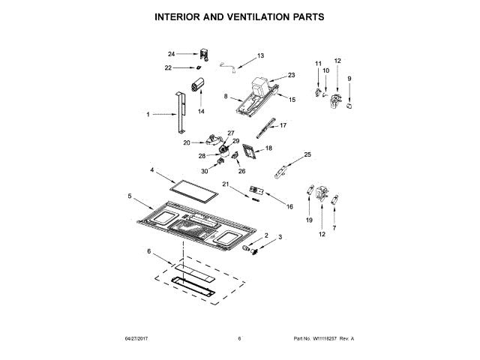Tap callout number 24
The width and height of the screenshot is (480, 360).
coord(171,54)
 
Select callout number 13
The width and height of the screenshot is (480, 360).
coord(261,55)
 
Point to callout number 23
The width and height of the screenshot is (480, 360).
coord(292,75)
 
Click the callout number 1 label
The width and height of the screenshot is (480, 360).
coord(148,115)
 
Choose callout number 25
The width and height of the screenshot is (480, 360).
coord(307,154)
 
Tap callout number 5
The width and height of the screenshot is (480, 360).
coord(130,196)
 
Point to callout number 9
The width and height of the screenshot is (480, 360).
coord(349,78)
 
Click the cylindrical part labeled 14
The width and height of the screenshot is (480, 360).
coord(200,85)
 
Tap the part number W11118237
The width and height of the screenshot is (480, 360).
coord(320,338)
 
